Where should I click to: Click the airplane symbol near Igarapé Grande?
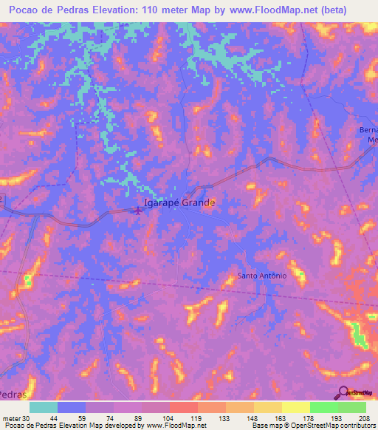coord(138,211)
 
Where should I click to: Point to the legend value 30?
coord(27,418)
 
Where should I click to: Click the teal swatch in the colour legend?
coord(44,407)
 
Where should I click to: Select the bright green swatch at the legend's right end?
coord(352,407)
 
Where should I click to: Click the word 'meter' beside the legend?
coord(11,418)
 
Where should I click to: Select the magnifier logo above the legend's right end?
coord(343,392)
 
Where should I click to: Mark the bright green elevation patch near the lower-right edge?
coord(360,336)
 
